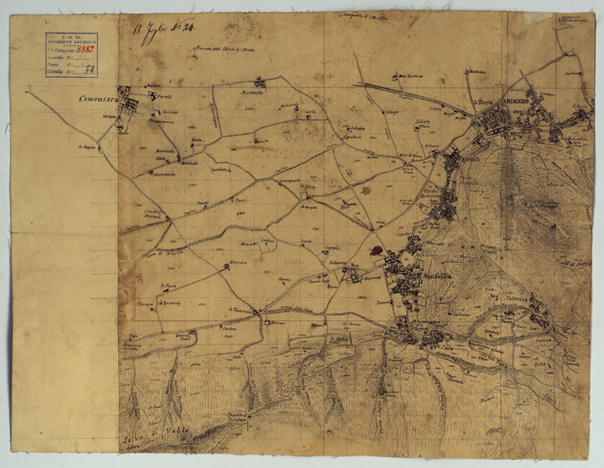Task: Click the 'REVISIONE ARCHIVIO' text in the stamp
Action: pos(70,41)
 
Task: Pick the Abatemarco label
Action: pos(165,173)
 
